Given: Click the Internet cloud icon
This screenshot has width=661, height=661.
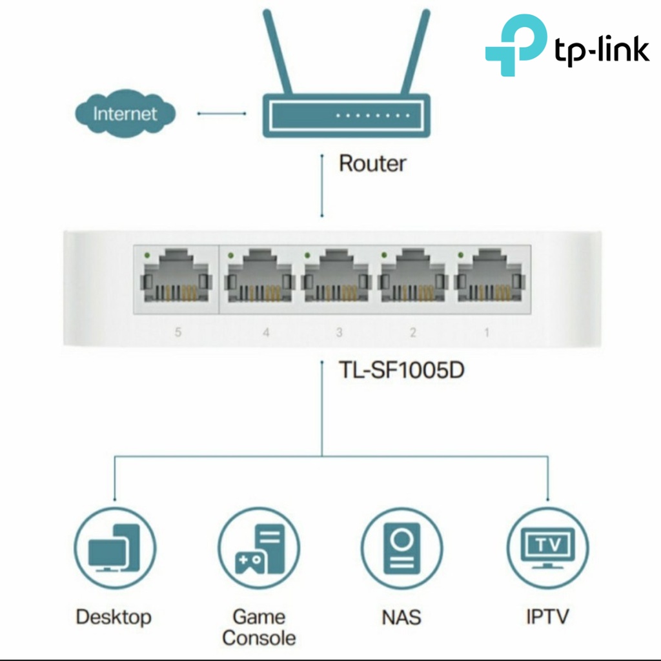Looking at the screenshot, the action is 125,113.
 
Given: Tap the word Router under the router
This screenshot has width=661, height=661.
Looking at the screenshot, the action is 372,163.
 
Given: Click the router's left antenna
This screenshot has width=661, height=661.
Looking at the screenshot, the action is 278,52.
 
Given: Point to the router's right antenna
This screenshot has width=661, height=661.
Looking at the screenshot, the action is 415,52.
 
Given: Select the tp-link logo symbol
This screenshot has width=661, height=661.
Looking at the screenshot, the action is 516,45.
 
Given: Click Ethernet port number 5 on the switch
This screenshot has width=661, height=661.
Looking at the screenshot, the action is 176,276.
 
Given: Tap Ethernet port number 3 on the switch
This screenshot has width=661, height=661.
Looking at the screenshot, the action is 337,276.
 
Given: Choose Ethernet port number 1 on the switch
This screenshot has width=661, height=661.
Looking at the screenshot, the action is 490,276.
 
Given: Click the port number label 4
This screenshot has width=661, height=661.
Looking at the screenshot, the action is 266,332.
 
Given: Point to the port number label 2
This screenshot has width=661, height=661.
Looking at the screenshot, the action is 413,332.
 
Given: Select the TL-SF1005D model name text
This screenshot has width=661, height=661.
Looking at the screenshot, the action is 402,371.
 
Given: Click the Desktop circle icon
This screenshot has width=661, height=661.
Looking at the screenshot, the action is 115,549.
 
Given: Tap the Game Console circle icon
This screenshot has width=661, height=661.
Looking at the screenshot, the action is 259,549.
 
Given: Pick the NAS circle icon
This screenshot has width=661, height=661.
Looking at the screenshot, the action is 402,549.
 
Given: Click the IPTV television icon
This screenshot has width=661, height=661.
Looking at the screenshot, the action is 548,548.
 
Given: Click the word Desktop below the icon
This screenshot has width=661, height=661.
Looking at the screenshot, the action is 114,617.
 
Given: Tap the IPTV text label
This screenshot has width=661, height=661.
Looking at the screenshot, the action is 547,616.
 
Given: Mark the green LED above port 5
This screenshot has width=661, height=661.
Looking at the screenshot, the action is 147,255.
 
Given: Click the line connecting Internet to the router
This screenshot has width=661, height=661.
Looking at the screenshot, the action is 222,114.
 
